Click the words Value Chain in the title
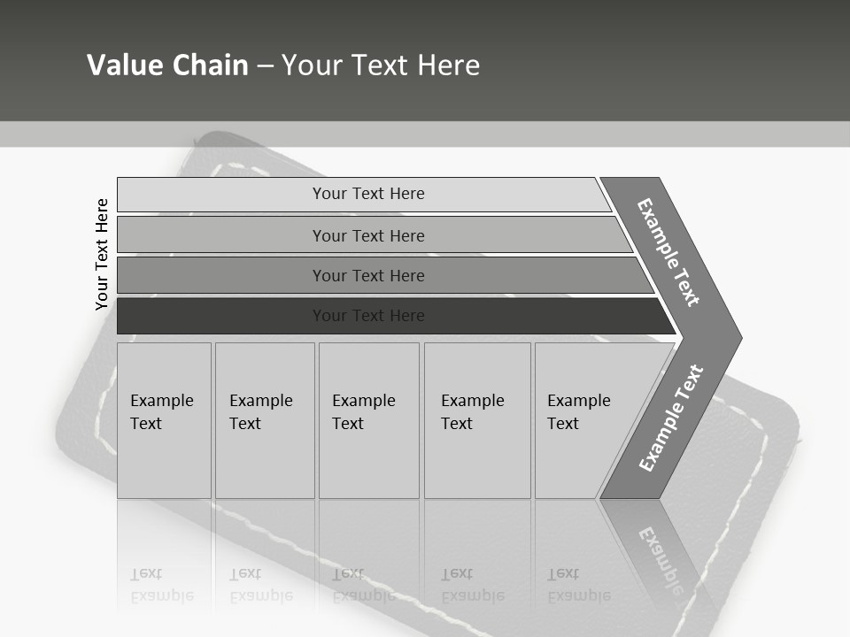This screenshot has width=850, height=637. click(167, 65)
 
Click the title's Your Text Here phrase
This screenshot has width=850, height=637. click(381, 65)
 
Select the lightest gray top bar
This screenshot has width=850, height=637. click(221, 195)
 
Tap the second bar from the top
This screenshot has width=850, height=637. click(221, 235)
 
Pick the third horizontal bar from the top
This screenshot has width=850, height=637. click(221, 275)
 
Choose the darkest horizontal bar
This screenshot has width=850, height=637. click(221, 316)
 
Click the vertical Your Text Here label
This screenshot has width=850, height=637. click(102, 254)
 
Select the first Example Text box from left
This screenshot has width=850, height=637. click(164, 420)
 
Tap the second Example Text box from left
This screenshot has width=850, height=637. click(265, 420)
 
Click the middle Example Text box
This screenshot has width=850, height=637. click(368, 420)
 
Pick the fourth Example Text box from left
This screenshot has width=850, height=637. click(477, 420)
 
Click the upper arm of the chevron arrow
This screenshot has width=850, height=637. click(668, 252)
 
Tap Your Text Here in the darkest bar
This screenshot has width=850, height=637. click(368, 316)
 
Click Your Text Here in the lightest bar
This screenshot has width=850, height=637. click(368, 194)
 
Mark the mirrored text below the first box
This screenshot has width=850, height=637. click(161, 585)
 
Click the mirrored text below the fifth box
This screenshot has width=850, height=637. click(578, 585)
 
